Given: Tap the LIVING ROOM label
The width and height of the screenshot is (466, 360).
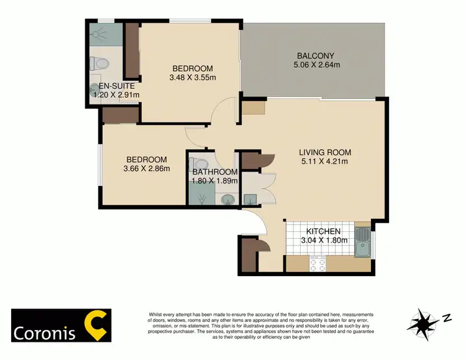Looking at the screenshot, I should point(325,152).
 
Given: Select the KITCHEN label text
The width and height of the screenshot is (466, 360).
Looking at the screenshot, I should point(321,231).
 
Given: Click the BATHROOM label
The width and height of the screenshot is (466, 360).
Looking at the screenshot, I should point(215,172).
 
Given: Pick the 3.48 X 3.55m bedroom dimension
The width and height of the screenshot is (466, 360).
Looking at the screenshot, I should point(192,78).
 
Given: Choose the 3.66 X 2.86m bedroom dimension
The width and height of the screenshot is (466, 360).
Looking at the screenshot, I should point(147,168).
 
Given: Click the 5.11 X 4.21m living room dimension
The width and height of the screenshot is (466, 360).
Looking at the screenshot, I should point(325,162).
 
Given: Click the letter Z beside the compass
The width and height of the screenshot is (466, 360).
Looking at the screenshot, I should point(445,318).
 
